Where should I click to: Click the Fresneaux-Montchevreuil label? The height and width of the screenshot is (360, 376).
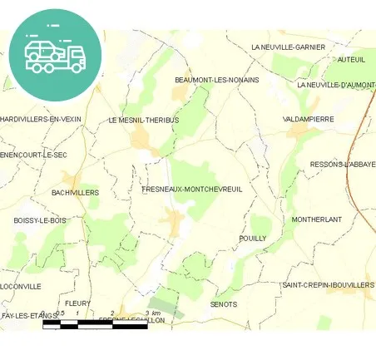click(x=192, y=190)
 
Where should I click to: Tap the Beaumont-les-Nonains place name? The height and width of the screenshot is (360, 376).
click(x=216, y=80)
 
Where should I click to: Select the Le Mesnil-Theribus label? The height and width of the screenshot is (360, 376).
click(x=144, y=120)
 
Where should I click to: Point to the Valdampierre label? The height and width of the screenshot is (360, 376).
click(x=309, y=119)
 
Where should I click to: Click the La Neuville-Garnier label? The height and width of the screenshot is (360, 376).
click(x=288, y=47)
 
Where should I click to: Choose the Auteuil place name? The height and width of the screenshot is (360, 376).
click(x=351, y=60)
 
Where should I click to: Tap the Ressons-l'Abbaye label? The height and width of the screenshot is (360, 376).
click(x=342, y=165)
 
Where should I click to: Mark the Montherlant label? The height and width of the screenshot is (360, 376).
click(x=317, y=219)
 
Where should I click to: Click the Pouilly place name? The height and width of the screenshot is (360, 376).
click(x=252, y=238)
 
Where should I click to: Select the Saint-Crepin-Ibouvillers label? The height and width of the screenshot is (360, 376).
click(x=328, y=285)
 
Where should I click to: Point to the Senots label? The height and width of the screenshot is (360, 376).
click(x=224, y=304)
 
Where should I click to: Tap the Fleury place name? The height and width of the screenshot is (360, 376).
click(x=77, y=303)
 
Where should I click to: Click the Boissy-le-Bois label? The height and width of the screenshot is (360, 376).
click(x=39, y=220)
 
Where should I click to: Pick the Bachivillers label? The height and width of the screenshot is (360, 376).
click(x=75, y=192)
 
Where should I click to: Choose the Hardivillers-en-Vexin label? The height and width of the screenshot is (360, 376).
click(x=41, y=119)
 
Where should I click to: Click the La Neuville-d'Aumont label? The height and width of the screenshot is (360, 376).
click(x=336, y=85)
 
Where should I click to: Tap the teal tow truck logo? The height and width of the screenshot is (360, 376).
click(x=55, y=54)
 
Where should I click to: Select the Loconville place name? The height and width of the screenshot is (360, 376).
click(x=21, y=286)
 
